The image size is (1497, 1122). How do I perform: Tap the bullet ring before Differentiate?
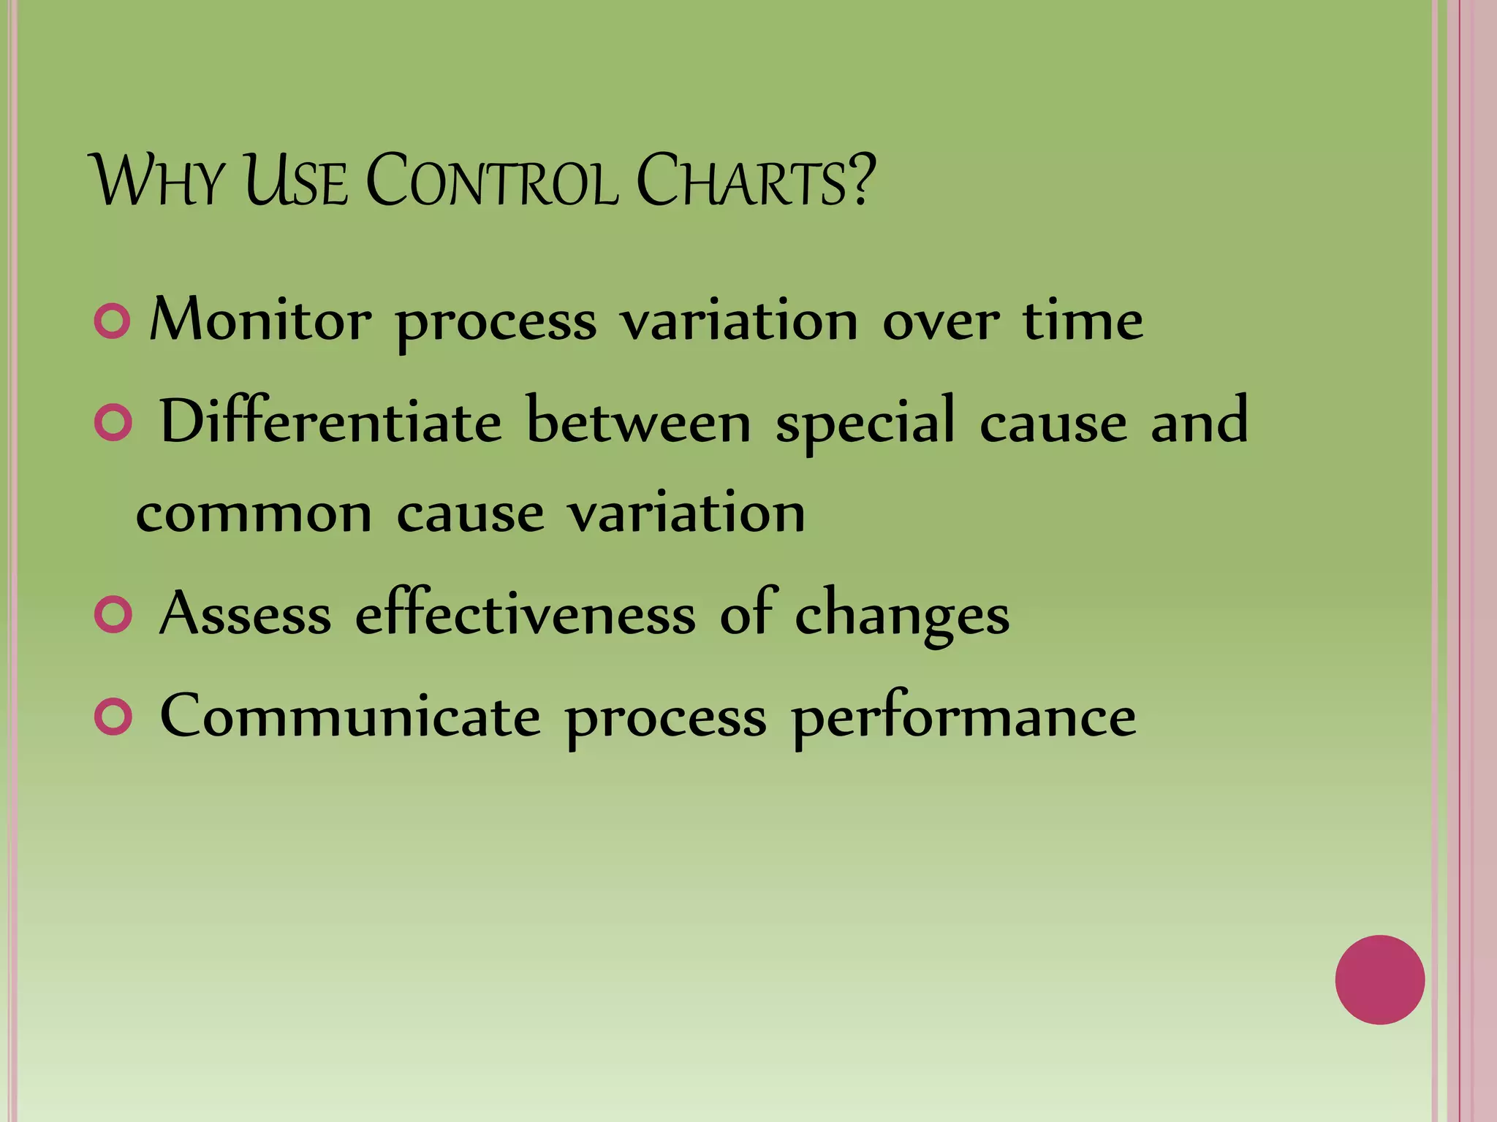(113, 423)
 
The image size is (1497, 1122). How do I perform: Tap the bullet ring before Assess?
(113, 616)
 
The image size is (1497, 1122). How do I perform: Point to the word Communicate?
(350, 717)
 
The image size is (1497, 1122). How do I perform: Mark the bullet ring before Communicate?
(113, 718)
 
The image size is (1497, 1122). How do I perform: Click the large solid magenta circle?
(1379, 980)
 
